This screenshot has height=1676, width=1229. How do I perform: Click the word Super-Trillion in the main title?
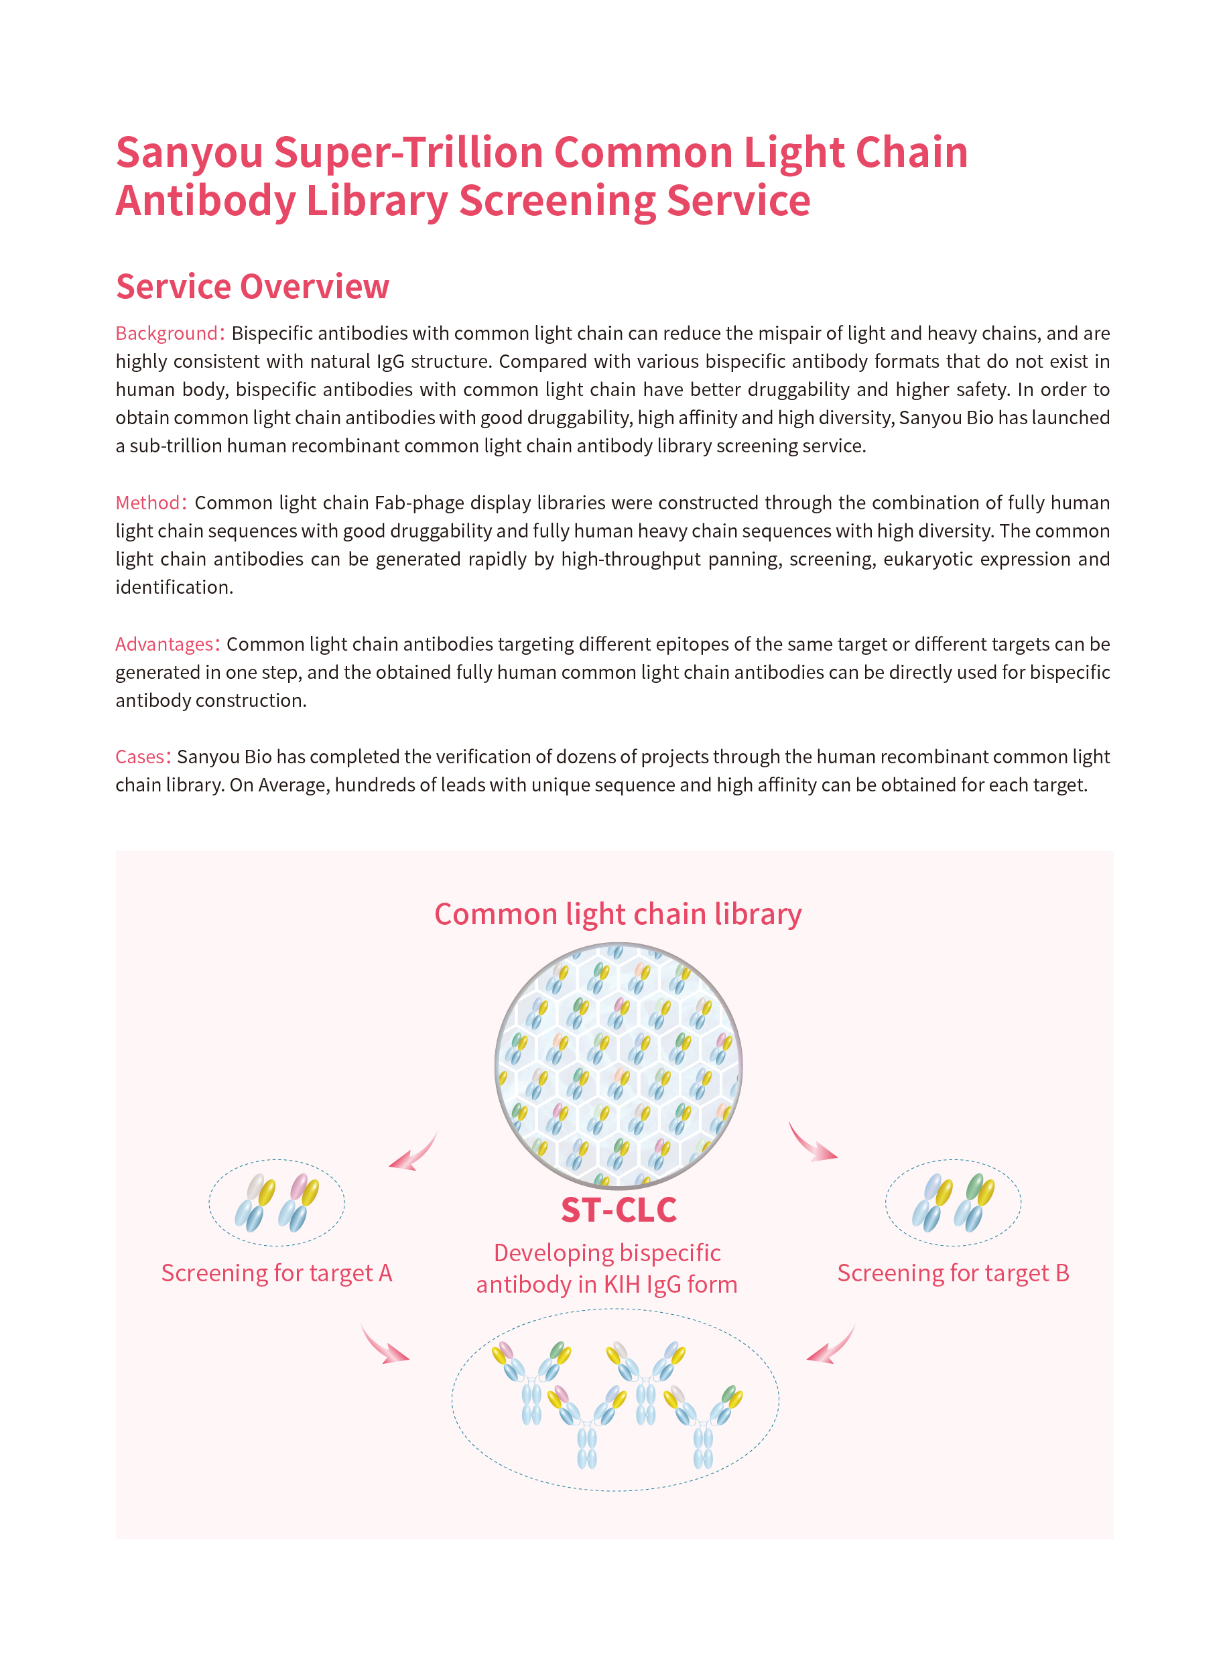pos(408,153)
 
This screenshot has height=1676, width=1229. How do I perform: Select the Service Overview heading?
pos(252,286)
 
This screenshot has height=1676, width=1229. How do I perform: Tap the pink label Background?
pos(166,333)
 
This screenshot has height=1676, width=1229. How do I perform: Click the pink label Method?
pos(147,503)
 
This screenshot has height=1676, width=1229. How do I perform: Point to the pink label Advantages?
pos(164,644)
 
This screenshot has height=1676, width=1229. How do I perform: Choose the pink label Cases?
pos(139,757)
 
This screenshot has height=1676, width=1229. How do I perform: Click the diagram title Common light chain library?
pos(617,913)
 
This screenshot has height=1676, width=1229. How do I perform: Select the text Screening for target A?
pos(276,1273)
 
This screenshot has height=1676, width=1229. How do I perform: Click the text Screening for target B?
pos(953,1273)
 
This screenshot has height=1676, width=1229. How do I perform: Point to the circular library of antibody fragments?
pos(619,1066)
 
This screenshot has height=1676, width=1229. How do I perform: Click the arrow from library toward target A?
pos(413,1153)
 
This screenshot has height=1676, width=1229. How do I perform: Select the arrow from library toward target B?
pos(812,1143)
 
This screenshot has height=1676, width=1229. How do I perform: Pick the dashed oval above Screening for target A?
pos(276,1203)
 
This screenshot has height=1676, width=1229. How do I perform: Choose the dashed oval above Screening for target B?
pos(953,1203)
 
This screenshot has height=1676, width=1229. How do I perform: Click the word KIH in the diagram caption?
pos(622,1285)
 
